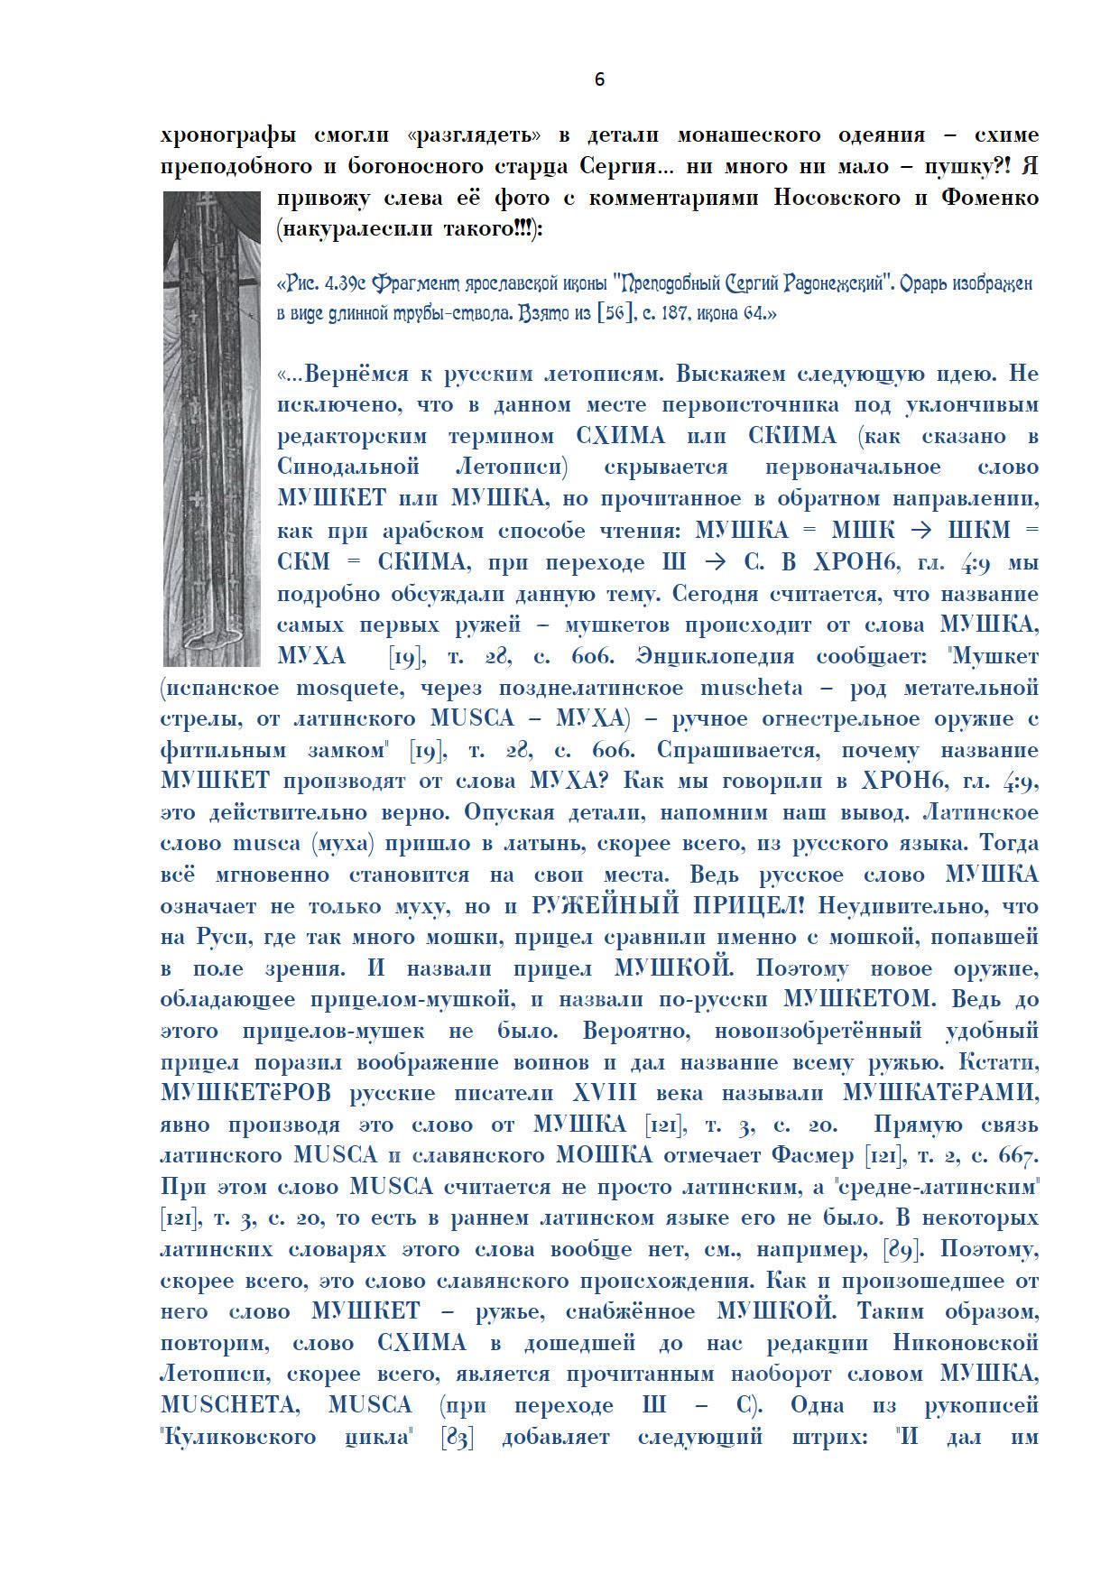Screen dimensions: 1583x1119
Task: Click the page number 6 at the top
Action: [599, 80]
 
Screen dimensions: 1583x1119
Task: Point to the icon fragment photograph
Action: [209, 428]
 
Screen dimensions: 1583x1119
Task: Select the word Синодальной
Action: [348, 467]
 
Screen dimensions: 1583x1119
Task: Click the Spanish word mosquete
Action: [347, 688]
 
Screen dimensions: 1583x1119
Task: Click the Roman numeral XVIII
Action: [605, 1094]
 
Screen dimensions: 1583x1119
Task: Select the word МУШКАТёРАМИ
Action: [939, 1094]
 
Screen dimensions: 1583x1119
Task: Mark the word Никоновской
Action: [965, 1344]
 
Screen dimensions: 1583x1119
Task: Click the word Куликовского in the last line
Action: [238, 1438]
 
